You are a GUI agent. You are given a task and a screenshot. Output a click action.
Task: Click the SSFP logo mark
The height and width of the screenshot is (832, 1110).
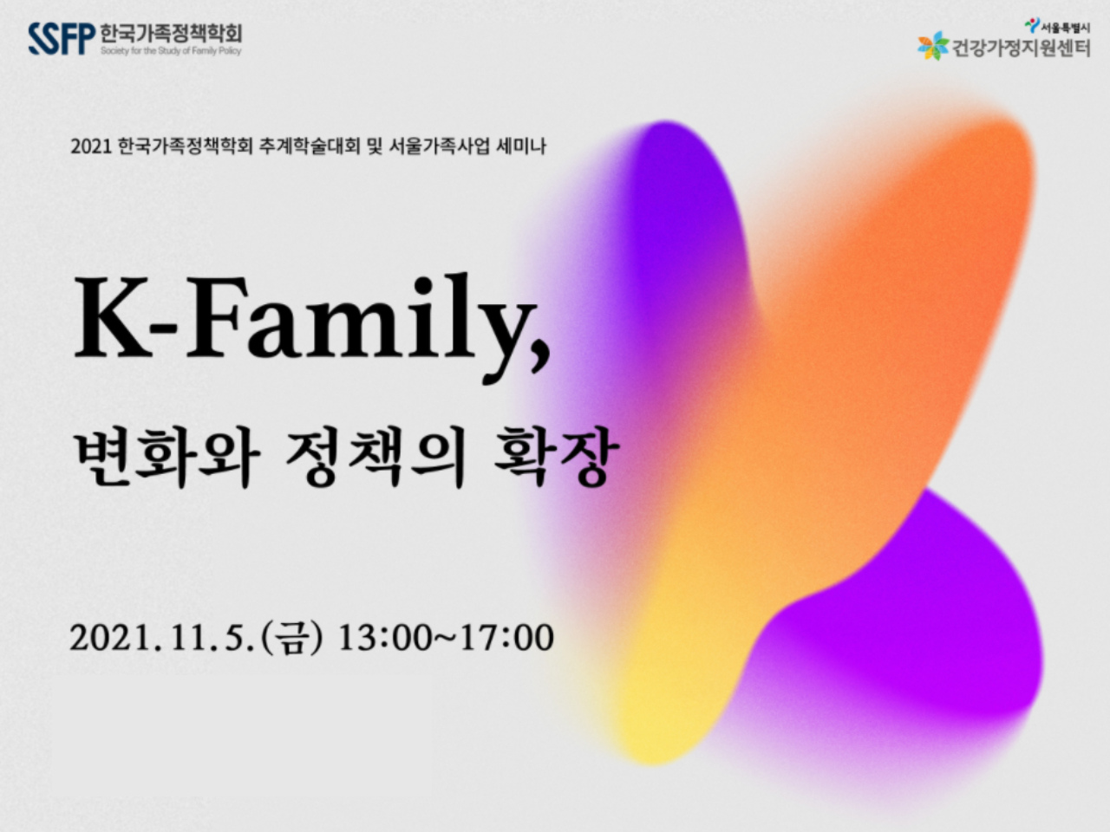coord(62,38)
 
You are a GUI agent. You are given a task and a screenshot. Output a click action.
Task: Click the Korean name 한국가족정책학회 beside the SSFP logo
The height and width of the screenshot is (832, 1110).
coord(171,33)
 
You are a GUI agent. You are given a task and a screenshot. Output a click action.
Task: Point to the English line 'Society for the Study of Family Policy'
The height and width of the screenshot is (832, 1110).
coord(171,50)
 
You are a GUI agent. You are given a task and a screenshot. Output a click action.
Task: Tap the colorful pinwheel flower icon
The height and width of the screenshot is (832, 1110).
coord(933,45)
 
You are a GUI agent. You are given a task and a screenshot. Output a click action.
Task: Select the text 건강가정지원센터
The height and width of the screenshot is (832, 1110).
coord(1021,48)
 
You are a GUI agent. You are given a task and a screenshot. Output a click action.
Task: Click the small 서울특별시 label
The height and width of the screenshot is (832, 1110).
coord(1065,28)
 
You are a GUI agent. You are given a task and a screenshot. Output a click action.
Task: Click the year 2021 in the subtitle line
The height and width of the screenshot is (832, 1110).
coord(91,146)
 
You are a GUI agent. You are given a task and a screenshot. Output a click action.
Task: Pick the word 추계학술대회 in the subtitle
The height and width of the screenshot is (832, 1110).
coord(310,146)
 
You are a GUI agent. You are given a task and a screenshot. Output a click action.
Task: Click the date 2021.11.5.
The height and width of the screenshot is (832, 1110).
coord(162,638)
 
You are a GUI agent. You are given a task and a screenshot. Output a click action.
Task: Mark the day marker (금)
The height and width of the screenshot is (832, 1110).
coord(291,638)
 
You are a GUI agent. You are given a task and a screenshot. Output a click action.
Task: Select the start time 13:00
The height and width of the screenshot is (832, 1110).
coord(383,638)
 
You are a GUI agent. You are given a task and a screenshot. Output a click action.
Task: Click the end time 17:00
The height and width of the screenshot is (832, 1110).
coord(506,638)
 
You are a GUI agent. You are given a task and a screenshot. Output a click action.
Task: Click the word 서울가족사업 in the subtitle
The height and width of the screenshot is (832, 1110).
coord(440,146)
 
